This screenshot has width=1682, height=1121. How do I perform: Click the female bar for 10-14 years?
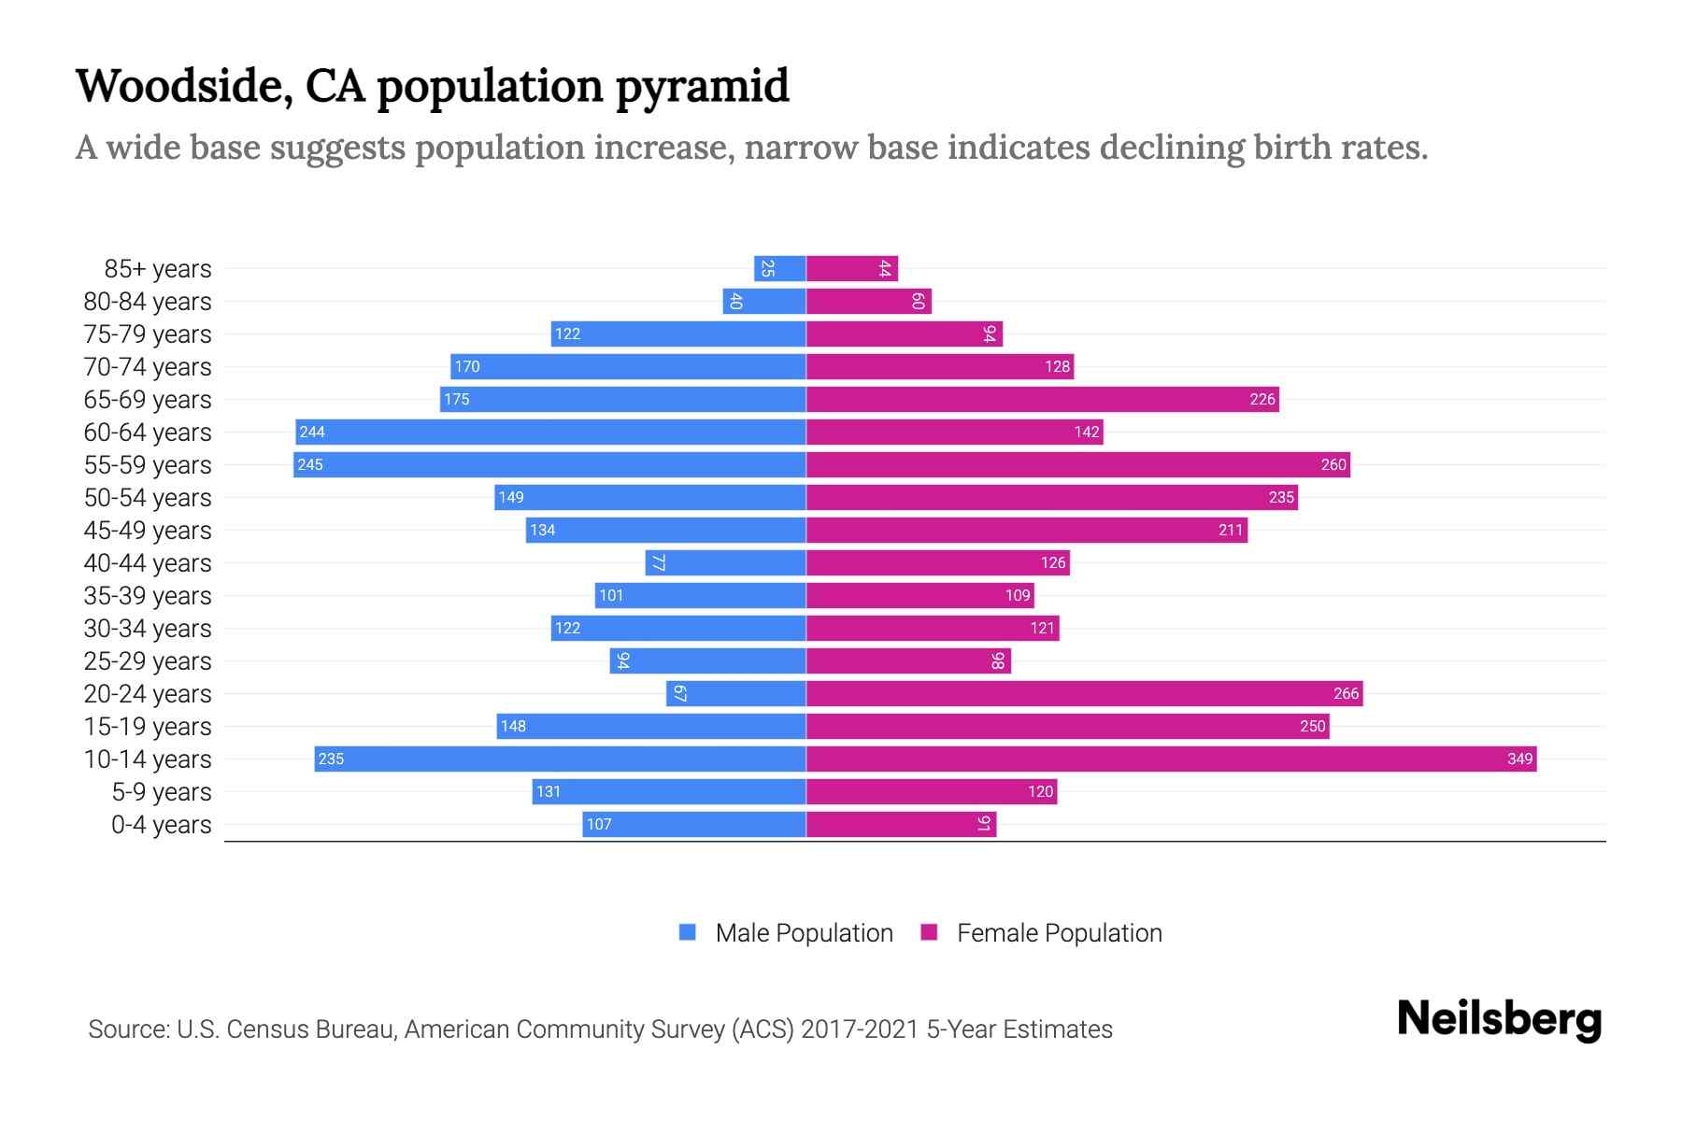pyautogui.click(x=1171, y=759)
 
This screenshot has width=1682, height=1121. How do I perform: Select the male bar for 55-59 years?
pyautogui.click(x=549, y=464)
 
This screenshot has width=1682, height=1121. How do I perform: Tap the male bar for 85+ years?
pyautogui.click(x=780, y=268)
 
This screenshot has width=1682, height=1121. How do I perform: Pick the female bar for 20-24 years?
pyautogui.click(x=1084, y=693)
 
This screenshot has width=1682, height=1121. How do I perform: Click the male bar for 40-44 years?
pyautogui.click(x=726, y=562)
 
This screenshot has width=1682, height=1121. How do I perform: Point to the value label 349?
pyautogui.click(x=1519, y=759)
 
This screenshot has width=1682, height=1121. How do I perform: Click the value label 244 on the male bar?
pyautogui.click(x=312, y=432)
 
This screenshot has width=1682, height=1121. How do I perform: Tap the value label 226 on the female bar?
pyautogui.click(x=1261, y=399)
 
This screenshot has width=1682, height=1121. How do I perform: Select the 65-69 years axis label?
pyautogui.click(x=148, y=400)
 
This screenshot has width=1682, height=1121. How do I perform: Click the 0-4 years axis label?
pyautogui.click(x=161, y=825)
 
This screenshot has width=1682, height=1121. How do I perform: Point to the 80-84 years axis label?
pyautogui.click(x=148, y=302)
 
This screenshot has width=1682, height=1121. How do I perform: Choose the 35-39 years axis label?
pyautogui.click(x=148, y=596)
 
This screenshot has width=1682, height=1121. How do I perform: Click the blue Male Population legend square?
pyautogui.click(x=688, y=932)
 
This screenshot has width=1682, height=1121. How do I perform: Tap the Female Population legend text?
pyautogui.click(x=1059, y=932)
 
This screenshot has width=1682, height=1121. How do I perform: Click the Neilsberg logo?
pyautogui.click(x=1499, y=1019)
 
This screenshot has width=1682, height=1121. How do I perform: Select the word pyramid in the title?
pyautogui.click(x=702, y=87)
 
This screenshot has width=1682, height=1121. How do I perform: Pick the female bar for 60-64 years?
pyautogui.click(x=954, y=432)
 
